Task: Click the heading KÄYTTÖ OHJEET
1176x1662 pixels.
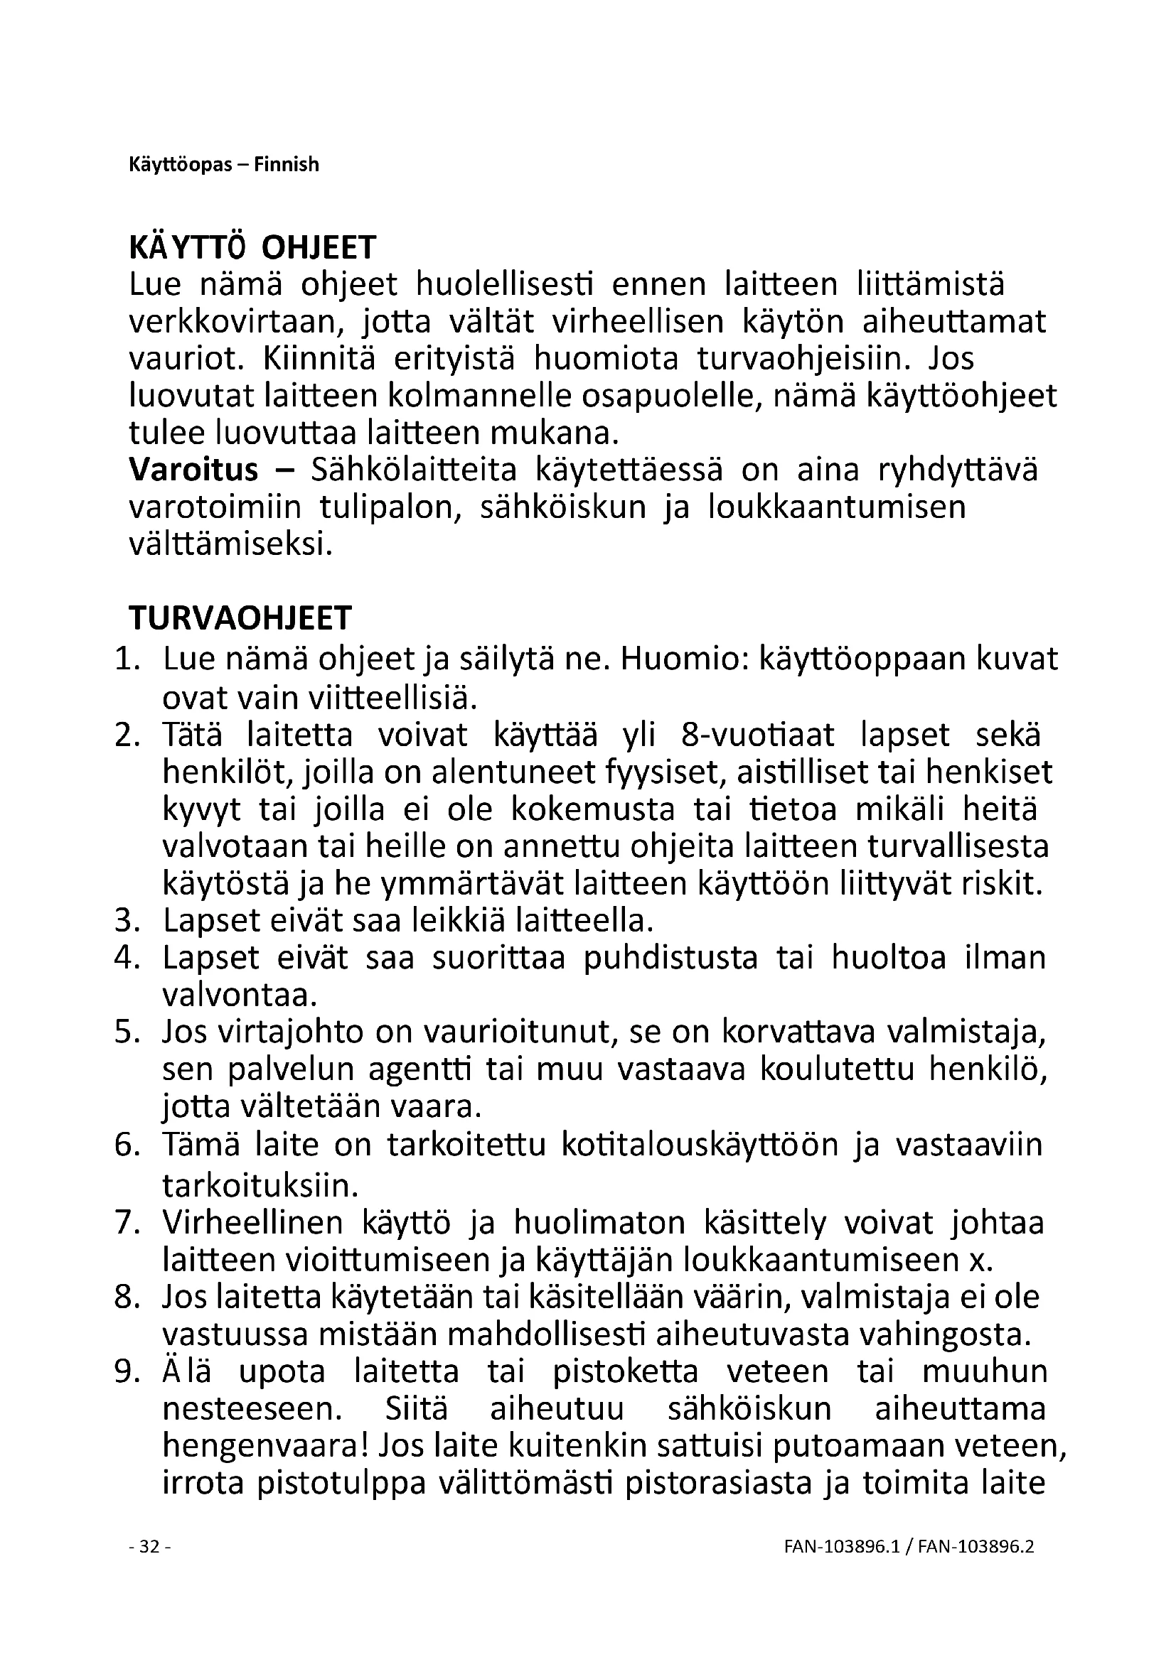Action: [x=252, y=248]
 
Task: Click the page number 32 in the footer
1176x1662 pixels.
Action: [x=149, y=1546]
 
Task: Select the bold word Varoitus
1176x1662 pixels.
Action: [x=193, y=470]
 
